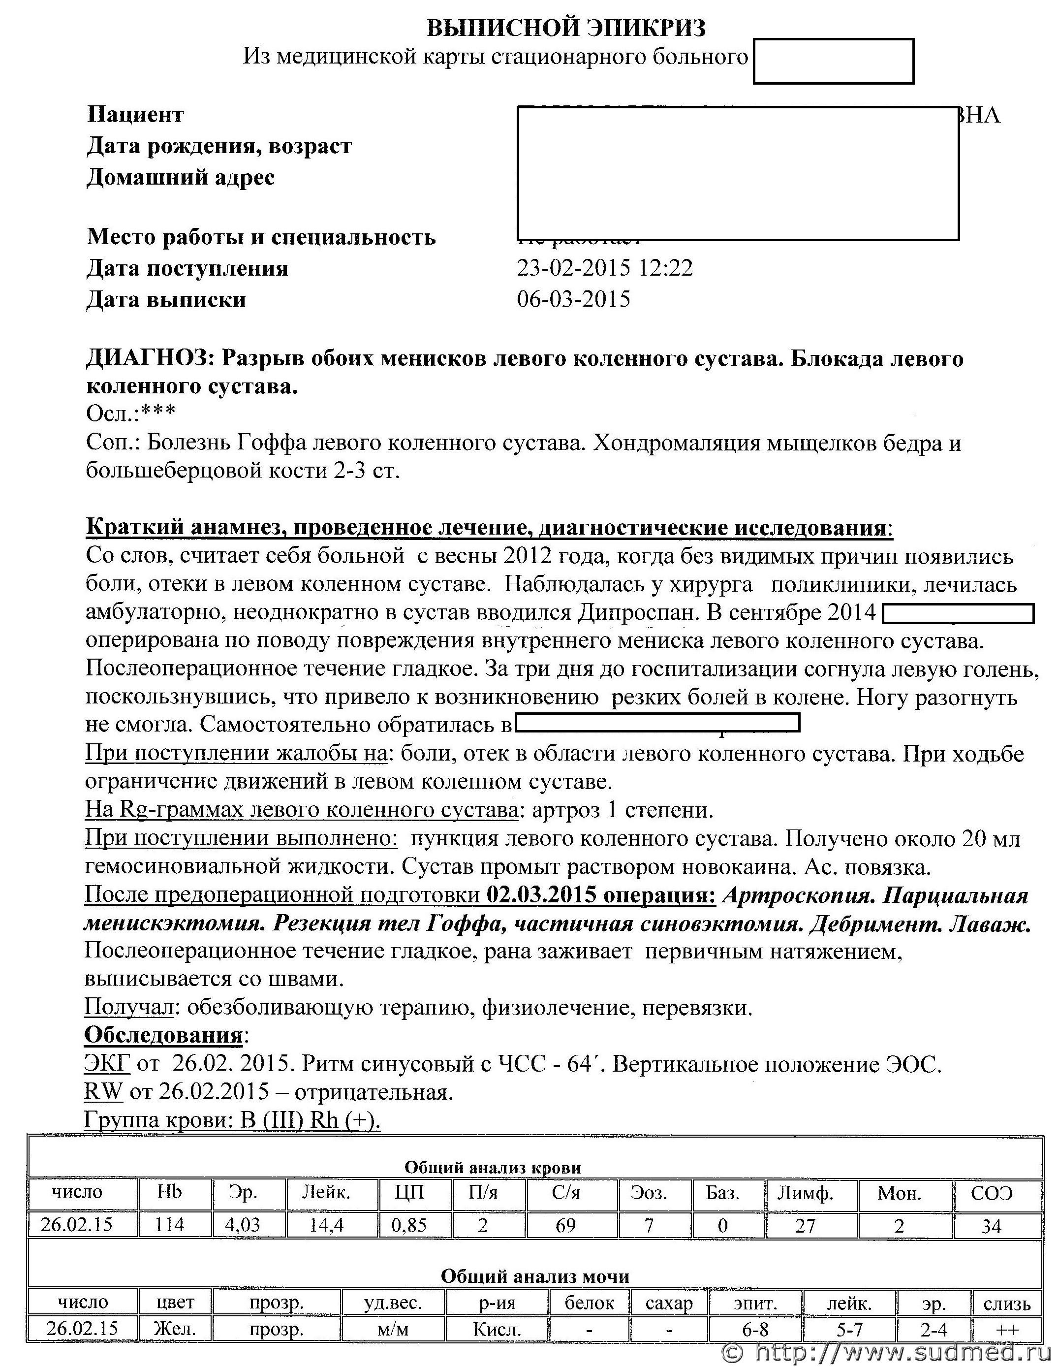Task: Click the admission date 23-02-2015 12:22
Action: point(605,269)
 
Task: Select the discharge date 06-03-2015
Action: point(573,300)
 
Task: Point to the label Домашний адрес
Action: point(181,178)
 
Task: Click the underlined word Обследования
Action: point(163,1035)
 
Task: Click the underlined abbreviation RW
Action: point(103,1092)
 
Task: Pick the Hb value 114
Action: point(169,1225)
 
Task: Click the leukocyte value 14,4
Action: point(326,1225)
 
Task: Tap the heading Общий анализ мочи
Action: point(535,1276)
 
